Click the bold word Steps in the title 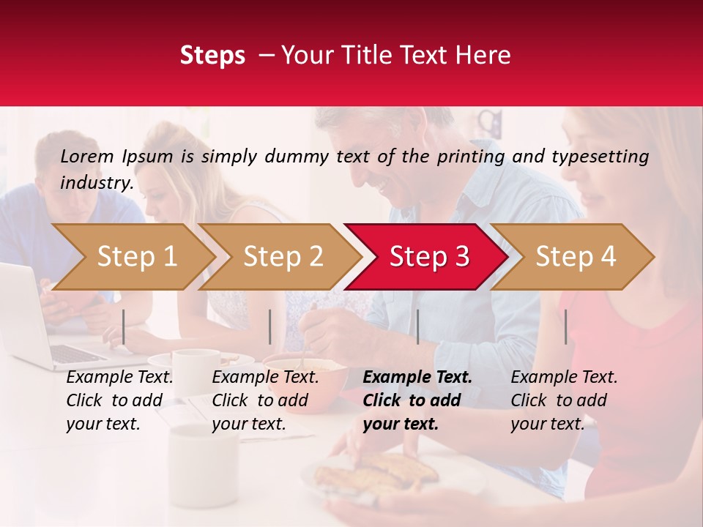point(212,56)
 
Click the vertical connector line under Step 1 point(124,326)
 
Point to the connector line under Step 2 point(270,326)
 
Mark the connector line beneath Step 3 point(417,326)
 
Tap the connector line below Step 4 point(565,326)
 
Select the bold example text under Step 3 point(417,400)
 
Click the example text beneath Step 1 point(119,400)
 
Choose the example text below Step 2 point(265,400)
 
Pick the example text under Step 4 point(564,400)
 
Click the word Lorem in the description point(87,156)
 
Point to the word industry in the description point(97,183)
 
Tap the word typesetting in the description point(600,157)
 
